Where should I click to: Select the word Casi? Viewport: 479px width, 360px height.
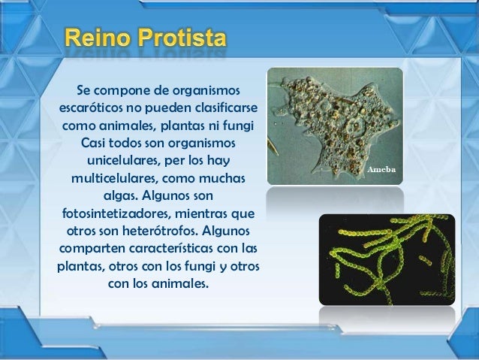click(x=95, y=143)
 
